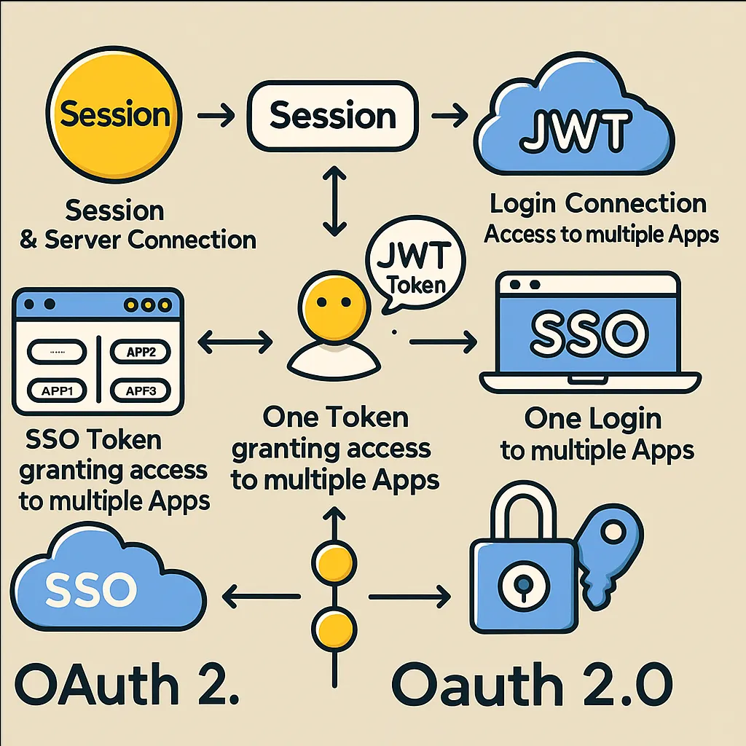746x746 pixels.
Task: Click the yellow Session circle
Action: click(115, 115)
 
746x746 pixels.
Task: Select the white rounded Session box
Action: click(331, 117)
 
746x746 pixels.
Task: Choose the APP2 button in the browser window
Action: click(141, 353)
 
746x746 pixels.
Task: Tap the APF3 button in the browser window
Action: click(141, 390)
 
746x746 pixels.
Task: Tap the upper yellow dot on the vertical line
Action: click(334, 562)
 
